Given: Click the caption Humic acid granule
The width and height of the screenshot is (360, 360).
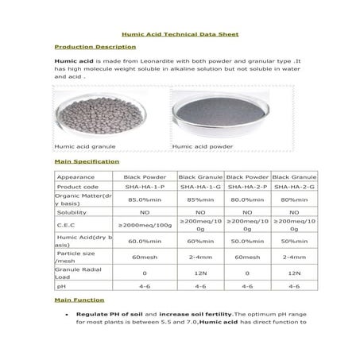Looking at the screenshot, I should click(x=85, y=146).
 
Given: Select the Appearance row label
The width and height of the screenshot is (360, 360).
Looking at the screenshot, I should click(x=76, y=176).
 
